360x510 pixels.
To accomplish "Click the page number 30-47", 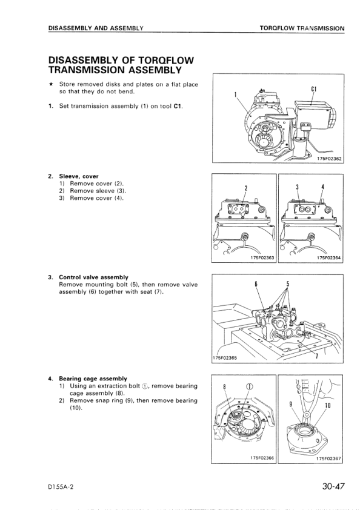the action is [333, 486].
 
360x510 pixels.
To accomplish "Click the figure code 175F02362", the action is [329, 159].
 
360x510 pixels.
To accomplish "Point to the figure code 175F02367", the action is [329, 459].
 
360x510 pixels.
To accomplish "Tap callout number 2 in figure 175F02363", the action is [246, 188].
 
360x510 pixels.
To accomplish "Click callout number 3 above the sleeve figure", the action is [297, 187].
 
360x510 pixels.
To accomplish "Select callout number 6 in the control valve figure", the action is [256, 283].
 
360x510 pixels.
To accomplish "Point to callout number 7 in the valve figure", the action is [317, 356].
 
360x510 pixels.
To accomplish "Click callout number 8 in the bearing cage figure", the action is [224, 386].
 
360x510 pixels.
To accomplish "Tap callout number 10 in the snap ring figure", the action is [327, 405].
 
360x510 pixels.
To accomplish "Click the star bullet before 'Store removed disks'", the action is [51, 85].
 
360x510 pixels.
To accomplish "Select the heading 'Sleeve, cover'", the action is [78, 177].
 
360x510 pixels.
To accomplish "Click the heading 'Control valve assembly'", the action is [93, 277].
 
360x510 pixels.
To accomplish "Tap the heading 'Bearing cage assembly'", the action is [93, 379].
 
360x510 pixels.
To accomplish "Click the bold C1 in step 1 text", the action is [178, 106].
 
